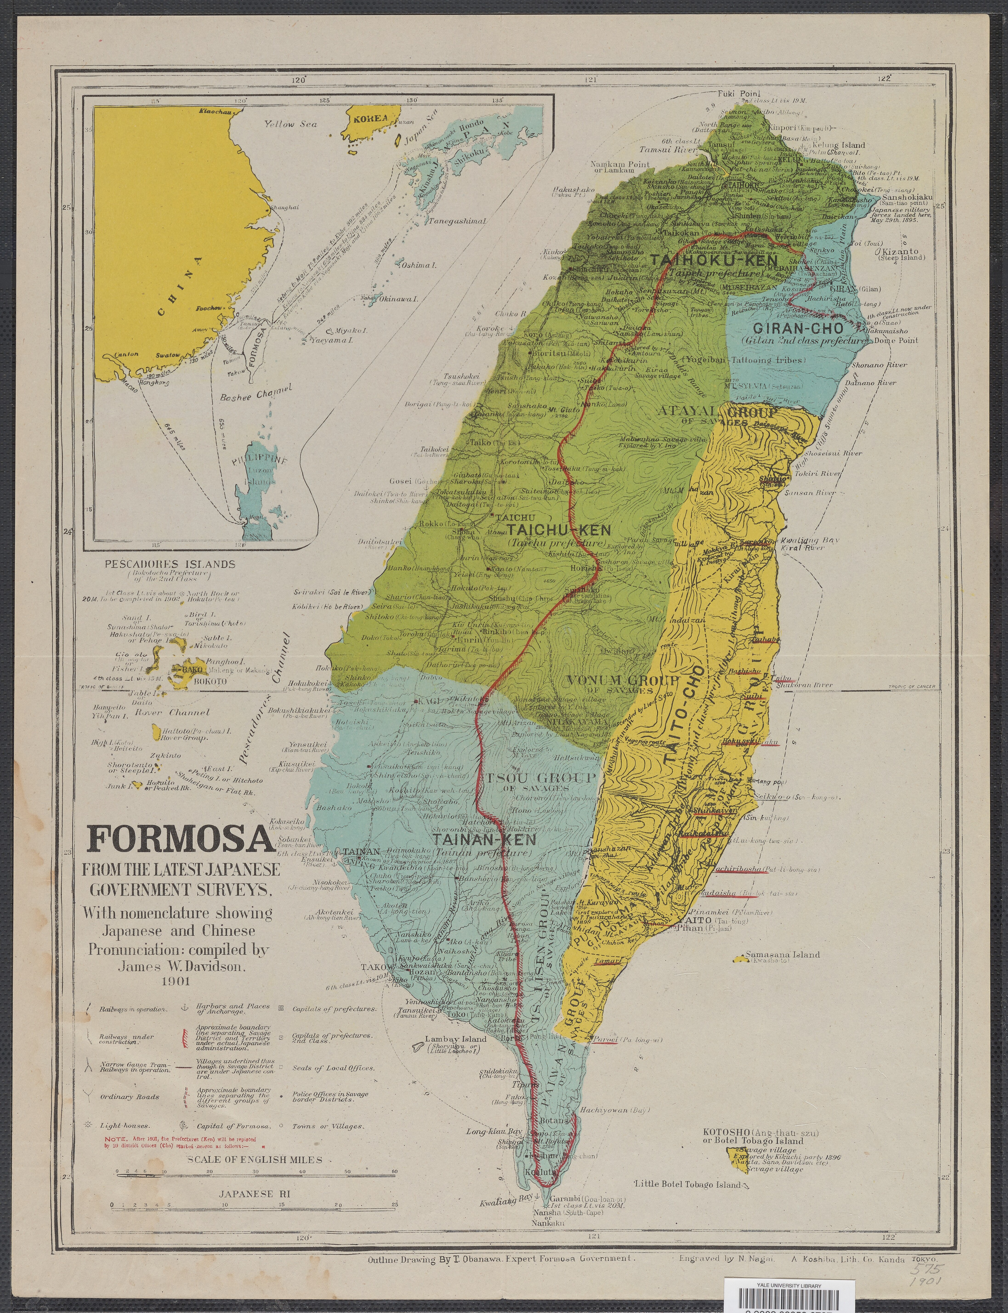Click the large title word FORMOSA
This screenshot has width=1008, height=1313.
(x=180, y=840)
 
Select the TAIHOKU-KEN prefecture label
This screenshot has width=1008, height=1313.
(x=713, y=261)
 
